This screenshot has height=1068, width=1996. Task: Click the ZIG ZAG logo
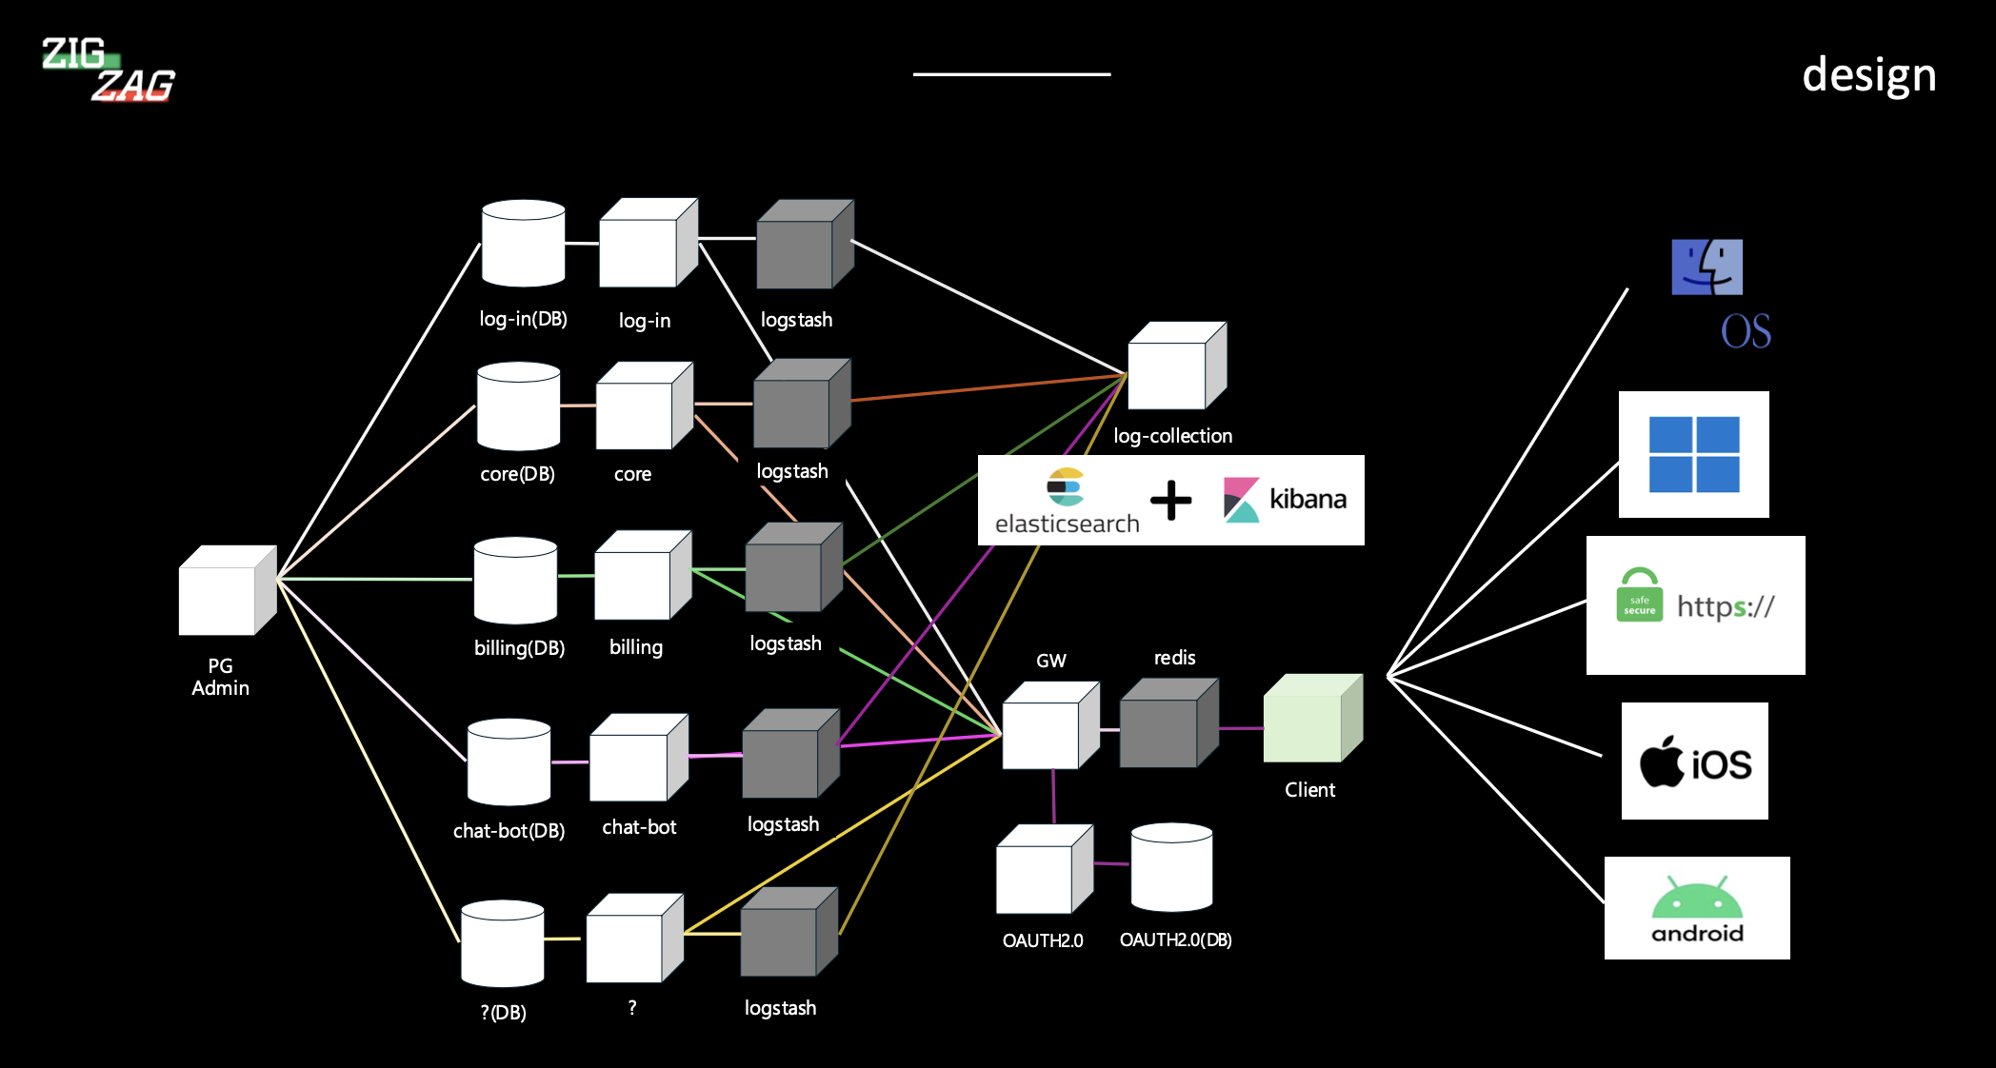(x=108, y=69)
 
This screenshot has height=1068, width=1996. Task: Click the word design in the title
(x=1868, y=74)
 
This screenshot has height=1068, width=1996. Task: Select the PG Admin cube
(x=226, y=591)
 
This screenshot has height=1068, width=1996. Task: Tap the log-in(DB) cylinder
(x=523, y=244)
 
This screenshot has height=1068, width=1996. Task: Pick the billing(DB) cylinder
(x=515, y=581)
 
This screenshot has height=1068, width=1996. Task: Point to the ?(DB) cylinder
(x=502, y=943)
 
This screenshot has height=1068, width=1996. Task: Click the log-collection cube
(x=1176, y=366)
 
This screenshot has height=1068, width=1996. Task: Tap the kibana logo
(x=1286, y=500)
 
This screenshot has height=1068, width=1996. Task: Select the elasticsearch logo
(x=1067, y=500)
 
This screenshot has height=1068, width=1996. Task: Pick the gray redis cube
(x=1168, y=723)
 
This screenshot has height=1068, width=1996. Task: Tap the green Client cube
(x=1311, y=719)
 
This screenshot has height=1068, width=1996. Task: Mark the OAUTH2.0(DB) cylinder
(x=1171, y=867)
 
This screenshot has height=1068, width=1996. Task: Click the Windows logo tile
(x=1693, y=454)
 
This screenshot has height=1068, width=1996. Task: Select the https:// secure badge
(x=1695, y=605)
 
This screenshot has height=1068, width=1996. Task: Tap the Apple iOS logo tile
(x=1694, y=761)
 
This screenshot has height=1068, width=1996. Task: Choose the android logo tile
(x=1697, y=908)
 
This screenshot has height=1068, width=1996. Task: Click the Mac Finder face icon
(x=1707, y=267)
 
